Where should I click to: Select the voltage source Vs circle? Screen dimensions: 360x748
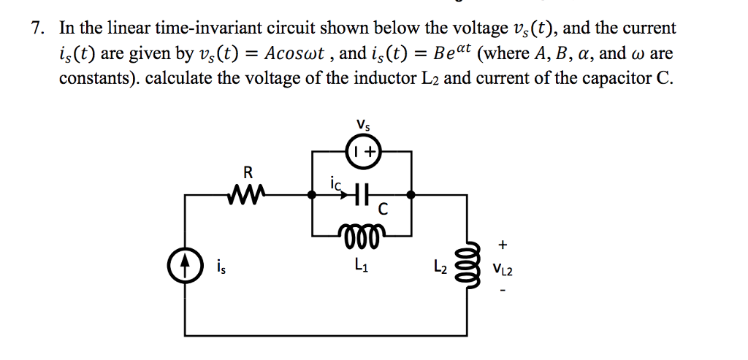(x=362, y=151)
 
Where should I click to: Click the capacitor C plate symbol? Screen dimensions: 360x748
(x=362, y=195)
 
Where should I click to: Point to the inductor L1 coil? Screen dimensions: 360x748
(x=362, y=234)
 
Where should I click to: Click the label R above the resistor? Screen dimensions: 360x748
(x=248, y=173)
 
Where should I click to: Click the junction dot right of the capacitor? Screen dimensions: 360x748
(x=412, y=195)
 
